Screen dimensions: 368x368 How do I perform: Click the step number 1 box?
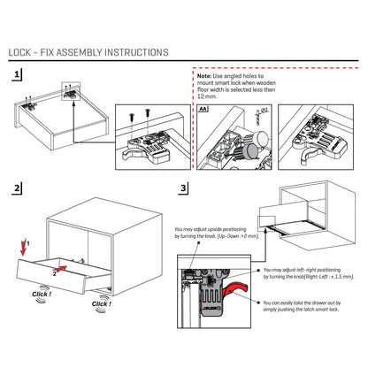(x=18, y=78)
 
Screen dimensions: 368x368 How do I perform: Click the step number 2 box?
(x=18, y=188)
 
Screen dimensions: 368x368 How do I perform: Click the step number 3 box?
(x=183, y=188)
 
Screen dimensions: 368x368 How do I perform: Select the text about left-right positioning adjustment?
(x=304, y=273)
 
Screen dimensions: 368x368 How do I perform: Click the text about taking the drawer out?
(x=304, y=305)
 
